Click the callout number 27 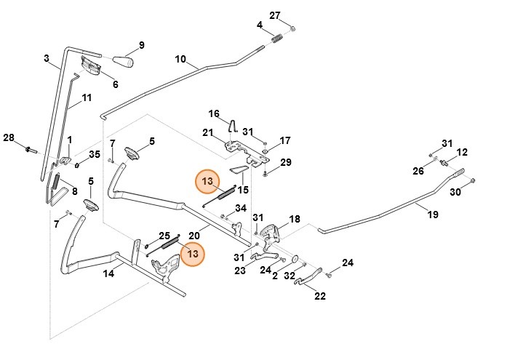tap(274, 15)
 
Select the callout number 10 tap(181, 59)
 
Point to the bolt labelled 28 tap(30, 150)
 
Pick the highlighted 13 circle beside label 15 tap(207, 180)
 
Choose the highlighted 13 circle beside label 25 tap(193, 255)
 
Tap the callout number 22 tap(320, 296)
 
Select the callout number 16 tap(214, 114)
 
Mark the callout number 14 tap(108, 273)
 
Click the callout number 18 tap(295, 219)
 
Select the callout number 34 tap(241, 209)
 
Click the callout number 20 tap(194, 235)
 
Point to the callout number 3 tap(47, 58)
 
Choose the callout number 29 tap(285, 161)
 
